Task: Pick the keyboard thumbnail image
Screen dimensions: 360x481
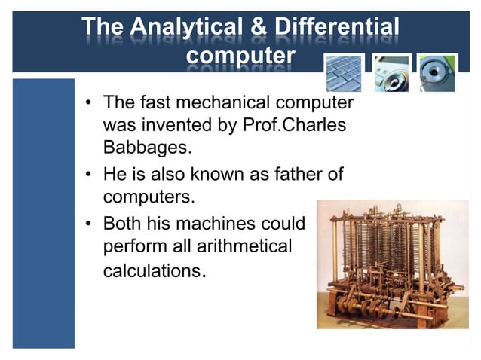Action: pos(345,72)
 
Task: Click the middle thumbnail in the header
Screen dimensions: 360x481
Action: pos(391,72)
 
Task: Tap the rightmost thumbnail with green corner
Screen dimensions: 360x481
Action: pos(437,72)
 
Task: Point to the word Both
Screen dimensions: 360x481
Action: pos(121,224)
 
